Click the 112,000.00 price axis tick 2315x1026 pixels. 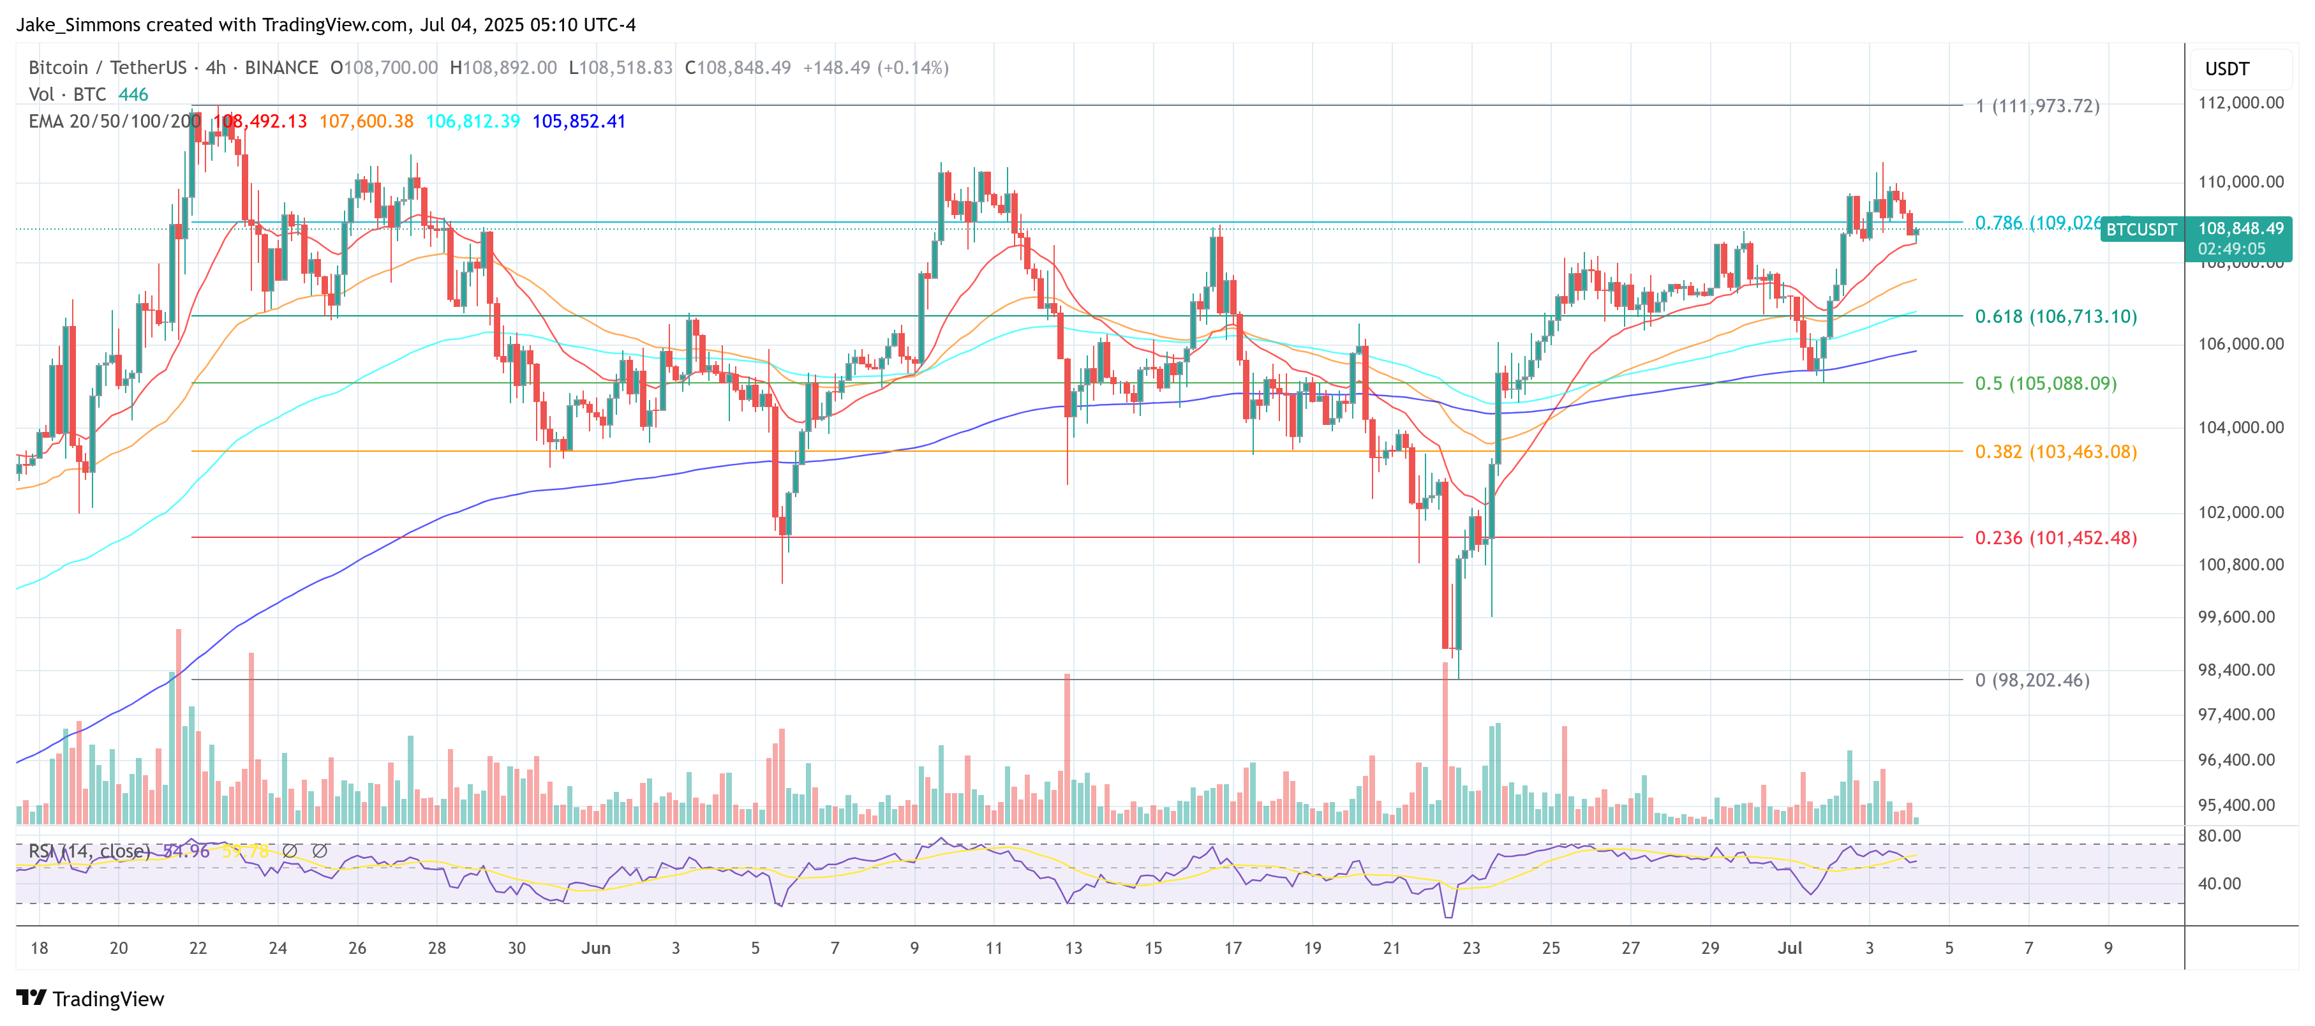[x=2240, y=103]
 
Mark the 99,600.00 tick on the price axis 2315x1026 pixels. [x=2240, y=616]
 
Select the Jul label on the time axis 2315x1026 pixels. [x=1789, y=948]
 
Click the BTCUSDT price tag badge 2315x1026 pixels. [x=2141, y=230]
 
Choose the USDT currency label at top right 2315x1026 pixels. [x=2226, y=69]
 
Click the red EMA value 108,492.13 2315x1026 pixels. [x=260, y=121]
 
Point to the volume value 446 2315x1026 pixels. [x=133, y=94]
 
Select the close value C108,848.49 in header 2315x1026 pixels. [x=737, y=68]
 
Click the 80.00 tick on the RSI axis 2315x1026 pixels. [x=2219, y=835]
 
